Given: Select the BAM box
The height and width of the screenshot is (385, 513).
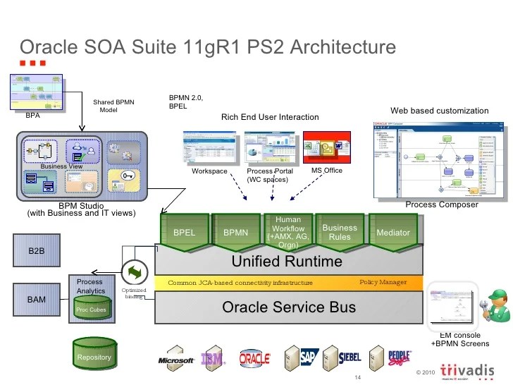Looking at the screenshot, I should click(37, 300).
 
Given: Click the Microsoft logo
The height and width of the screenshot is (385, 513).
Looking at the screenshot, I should click(176, 359).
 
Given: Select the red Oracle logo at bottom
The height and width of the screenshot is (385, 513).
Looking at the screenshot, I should click(255, 358).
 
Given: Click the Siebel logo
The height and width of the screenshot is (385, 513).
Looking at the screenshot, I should click(350, 358).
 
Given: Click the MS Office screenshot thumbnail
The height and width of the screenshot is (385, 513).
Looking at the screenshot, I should click(326, 148).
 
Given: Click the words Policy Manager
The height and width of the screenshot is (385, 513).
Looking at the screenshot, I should click(383, 283).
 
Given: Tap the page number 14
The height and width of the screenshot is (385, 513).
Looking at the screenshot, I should click(357, 377).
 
